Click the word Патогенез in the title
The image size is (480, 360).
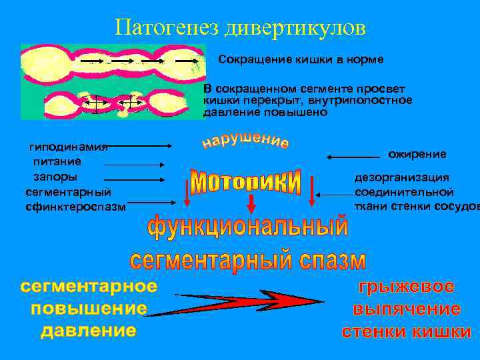(x=167, y=27)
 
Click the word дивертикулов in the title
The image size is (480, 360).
(x=295, y=27)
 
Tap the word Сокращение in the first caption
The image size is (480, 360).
(x=252, y=60)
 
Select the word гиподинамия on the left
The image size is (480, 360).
(x=69, y=146)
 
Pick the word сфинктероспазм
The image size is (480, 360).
(x=75, y=207)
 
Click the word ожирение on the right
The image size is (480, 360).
(x=417, y=155)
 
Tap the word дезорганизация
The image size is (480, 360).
(x=401, y=178)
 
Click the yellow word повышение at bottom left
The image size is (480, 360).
(x=89, y=309)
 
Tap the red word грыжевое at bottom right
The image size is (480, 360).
(x=407, y=287)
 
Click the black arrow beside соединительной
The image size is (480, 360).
(x=333, y=194)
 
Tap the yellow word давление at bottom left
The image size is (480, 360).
(x=89, y=331)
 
